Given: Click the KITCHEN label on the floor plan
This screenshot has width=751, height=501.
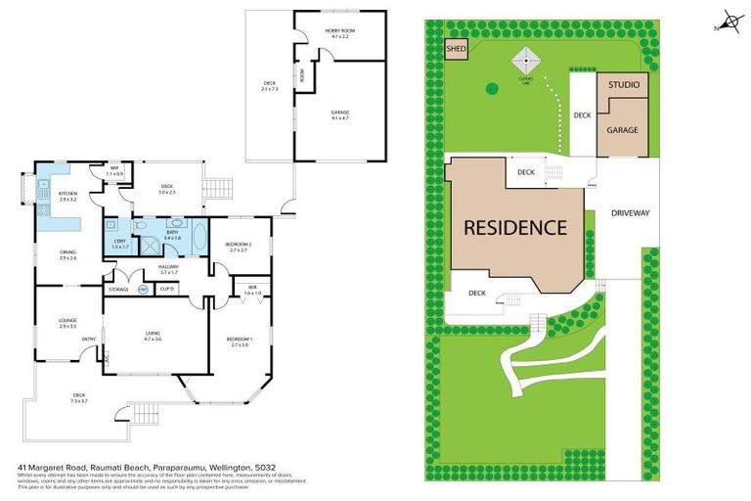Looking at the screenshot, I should (x=68, y=194).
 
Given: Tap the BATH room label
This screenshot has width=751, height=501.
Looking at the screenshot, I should (x=171, y=232).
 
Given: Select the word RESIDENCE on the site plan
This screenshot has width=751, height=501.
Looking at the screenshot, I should (x=514, y=228).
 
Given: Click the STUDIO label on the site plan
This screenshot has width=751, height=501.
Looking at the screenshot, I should (x=623, y=85).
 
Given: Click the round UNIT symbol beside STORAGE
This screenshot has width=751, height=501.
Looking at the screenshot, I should (x=143, y=290).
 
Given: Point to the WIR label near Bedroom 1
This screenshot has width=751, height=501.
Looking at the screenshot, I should (x=251, y=287).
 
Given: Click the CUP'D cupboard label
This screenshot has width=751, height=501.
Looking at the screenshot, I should (x=167, y=290).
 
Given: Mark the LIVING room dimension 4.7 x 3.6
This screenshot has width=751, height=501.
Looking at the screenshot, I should (x=153, y=339).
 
